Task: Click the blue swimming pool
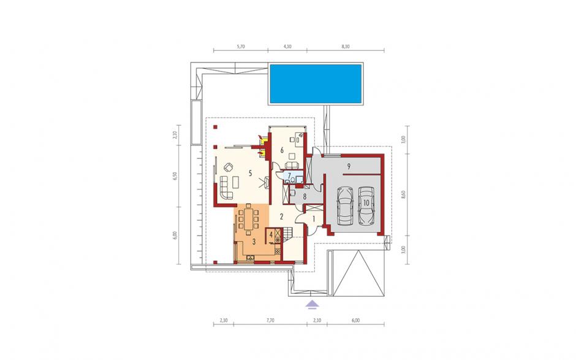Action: click(316, 84)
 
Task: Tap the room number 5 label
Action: click(250, 174)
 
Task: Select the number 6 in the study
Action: click(282, 150)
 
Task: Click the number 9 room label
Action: click(349, 166)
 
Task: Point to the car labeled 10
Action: click(366, 205)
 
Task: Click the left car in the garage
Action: click(345, 205)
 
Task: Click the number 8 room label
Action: click(305, 196)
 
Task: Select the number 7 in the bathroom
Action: click(289, 176)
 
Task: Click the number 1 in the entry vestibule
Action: click(314, 219)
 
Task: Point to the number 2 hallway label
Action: click(282, 216)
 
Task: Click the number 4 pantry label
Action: click(271, 234)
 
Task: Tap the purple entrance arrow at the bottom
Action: click(312, 304)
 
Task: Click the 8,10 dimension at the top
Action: click(346, 47)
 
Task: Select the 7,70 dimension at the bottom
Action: click(270, 320)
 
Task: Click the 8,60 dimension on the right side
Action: click(403, 194)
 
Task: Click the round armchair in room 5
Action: click(229, 167)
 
